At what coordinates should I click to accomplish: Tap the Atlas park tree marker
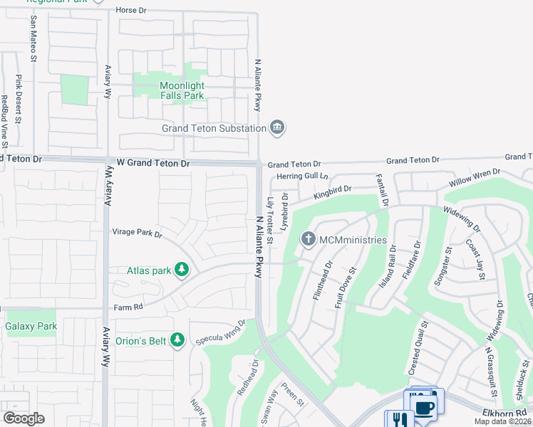click(x=182, y=270)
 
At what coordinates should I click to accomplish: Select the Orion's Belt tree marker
click(x=177, y=340)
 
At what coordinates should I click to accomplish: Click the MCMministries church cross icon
click(x=309, y=239)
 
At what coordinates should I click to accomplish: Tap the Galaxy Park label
click(x=31, y=327)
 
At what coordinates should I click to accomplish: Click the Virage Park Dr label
click(x=137, y=232)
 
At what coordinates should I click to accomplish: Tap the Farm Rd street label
click(x=129, y=307)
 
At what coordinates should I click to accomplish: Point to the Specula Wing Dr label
click(x=221, y=332)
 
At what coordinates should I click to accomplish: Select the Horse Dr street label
click(x=130, y=11)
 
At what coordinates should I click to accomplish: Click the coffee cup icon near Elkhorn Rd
click(x=424, y=408)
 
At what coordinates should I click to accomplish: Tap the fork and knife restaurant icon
click(x=399, y=420)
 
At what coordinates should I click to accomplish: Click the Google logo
click(x=24, y=418)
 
